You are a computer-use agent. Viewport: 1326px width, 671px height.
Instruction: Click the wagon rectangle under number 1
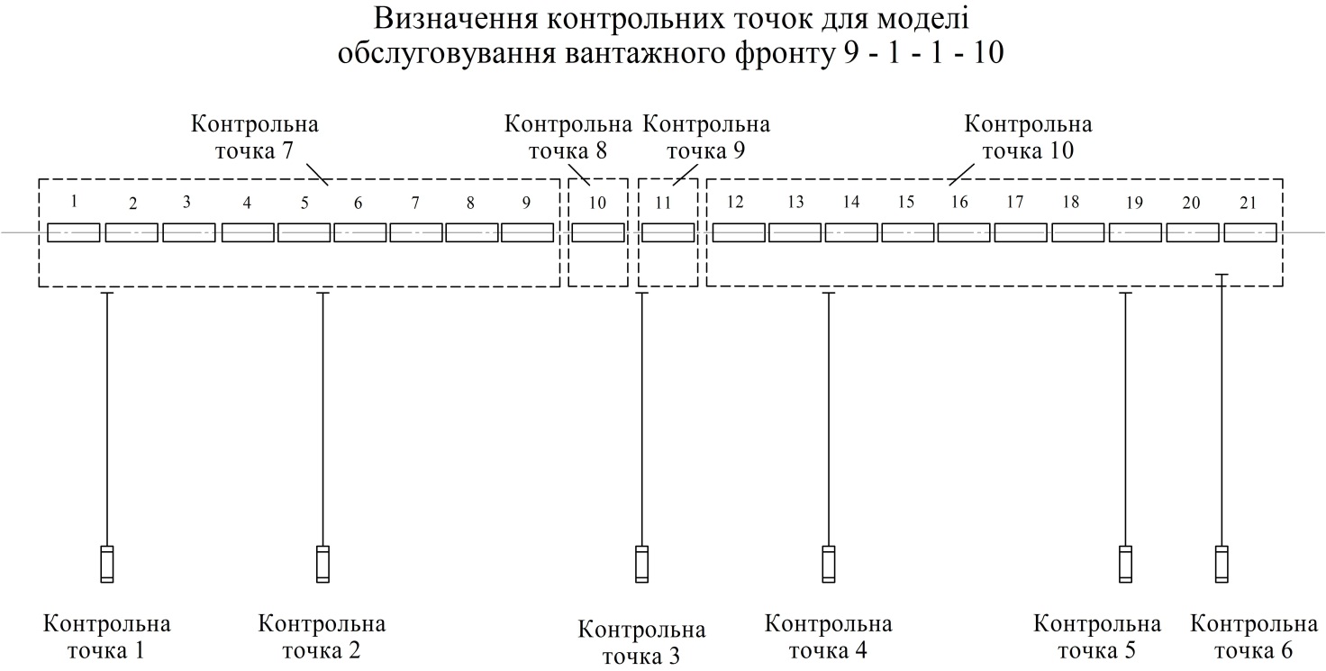(x=73, y=232)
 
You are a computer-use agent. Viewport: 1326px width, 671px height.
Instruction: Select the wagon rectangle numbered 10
(x=598, y=232)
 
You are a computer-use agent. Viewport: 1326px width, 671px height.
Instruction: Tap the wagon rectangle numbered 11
(x=668, y=232)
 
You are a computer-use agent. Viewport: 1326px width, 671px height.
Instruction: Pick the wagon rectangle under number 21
(x=1250, y=232)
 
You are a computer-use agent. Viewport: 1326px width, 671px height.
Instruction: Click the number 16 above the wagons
(x=959, y=203)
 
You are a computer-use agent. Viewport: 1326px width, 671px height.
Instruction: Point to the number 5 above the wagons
(x=304, y=204)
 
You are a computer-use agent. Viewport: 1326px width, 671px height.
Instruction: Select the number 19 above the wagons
(x=1134, y=204)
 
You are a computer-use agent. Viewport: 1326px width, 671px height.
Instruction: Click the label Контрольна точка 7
(x=255, y=137)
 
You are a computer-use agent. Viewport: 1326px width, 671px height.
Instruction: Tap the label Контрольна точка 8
(x=568, y=137)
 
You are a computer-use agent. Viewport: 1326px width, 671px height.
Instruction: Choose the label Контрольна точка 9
(x=706, y=137)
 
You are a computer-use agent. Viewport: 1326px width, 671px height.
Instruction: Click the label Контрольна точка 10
(x=1028, y=137)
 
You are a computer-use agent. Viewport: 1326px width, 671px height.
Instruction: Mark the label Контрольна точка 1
(x=106, y=637)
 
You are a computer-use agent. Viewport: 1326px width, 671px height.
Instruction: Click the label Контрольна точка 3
(x=641, y=642)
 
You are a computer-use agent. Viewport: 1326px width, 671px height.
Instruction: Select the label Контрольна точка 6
(x=1254, y=637)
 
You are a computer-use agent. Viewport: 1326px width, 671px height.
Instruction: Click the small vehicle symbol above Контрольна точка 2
(x=322, y=564)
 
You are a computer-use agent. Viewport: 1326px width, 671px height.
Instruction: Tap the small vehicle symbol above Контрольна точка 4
(x=829, y=564)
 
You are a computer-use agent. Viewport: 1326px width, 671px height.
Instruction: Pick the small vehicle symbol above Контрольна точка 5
(x=1125, y=564)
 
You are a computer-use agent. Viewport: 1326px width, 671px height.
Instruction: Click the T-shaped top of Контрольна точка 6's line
(x=1222, y=275)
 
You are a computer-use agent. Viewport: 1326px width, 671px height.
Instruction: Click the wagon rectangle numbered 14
(x=851, y=232)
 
